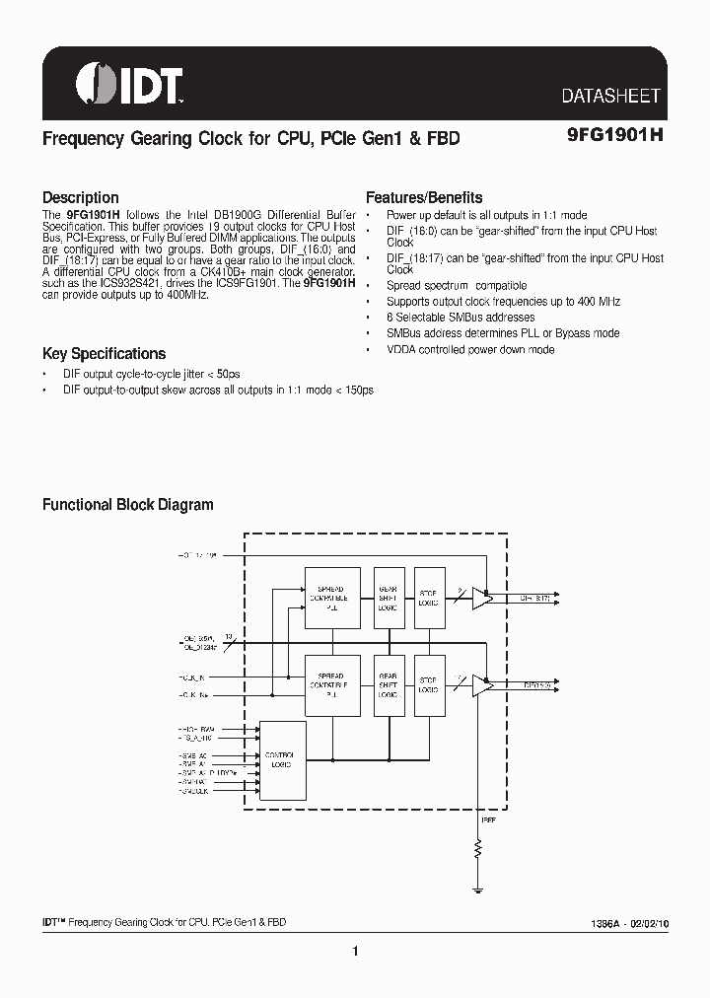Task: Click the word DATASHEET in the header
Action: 610,97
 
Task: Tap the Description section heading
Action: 80,197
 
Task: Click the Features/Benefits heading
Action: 424,197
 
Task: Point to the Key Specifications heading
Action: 104,353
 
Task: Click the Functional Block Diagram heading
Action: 127,505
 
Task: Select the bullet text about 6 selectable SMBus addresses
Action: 461,318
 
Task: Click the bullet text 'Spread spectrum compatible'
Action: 457,286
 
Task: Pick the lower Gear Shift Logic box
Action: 388,684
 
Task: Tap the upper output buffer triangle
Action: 481,598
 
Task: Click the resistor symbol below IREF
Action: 479,849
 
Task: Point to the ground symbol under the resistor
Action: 479,889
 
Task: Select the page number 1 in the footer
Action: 354,951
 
